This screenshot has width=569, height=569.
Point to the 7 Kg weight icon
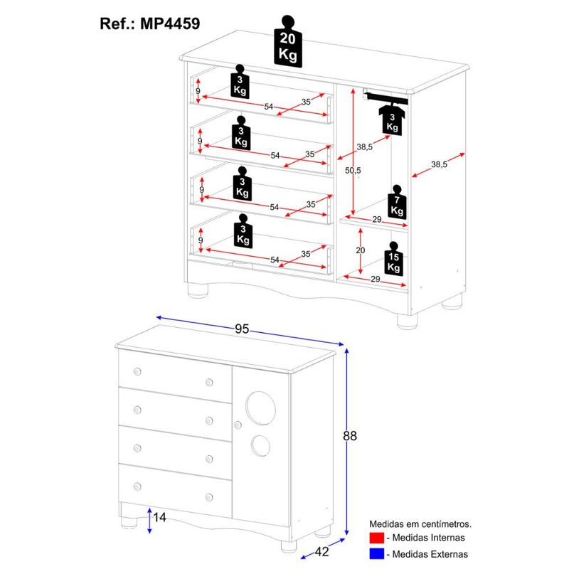(396, 203)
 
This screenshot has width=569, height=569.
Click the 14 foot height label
(159, 518)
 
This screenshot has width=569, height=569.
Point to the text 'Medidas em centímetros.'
(420, 524)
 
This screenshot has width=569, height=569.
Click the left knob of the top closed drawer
(137, 371)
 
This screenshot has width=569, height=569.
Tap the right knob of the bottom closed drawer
(209, 496)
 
